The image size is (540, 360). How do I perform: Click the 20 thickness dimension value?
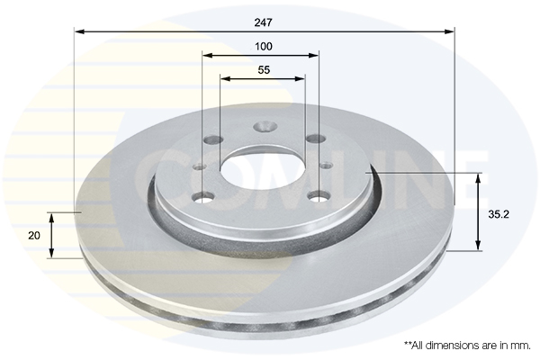[x=34, y=235]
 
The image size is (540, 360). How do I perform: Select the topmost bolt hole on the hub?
[x=264, y=127]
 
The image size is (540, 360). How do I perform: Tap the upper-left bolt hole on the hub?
[x=212, y=140]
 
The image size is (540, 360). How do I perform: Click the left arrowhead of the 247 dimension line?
[x=79, y=31]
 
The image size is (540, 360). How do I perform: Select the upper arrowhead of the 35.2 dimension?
[x=478, y=176]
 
